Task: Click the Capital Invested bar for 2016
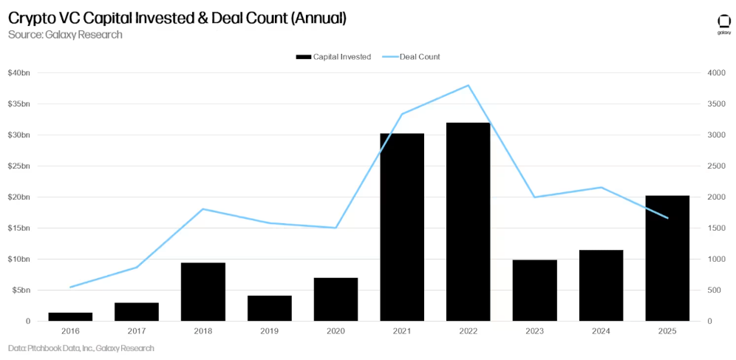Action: coord(70,316)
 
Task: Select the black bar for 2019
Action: coord(270,308)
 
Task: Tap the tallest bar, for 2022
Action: coord(468,222)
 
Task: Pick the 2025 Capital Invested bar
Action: coord(667,258)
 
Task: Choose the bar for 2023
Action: coord(535,291)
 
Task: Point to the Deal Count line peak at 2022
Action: coord(468,86)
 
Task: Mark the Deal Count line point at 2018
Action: coord(203,209)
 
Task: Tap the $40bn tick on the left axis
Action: coord(18,73)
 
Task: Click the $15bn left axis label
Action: coord(18,228)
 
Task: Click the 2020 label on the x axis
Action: coord(336,332)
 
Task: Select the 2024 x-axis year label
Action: coord(601,332)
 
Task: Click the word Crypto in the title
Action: coord(31,17)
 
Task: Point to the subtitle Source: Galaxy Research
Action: coord(65,34)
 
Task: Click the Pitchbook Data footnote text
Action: coord(81,347)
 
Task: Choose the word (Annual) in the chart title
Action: coord(318,17)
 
